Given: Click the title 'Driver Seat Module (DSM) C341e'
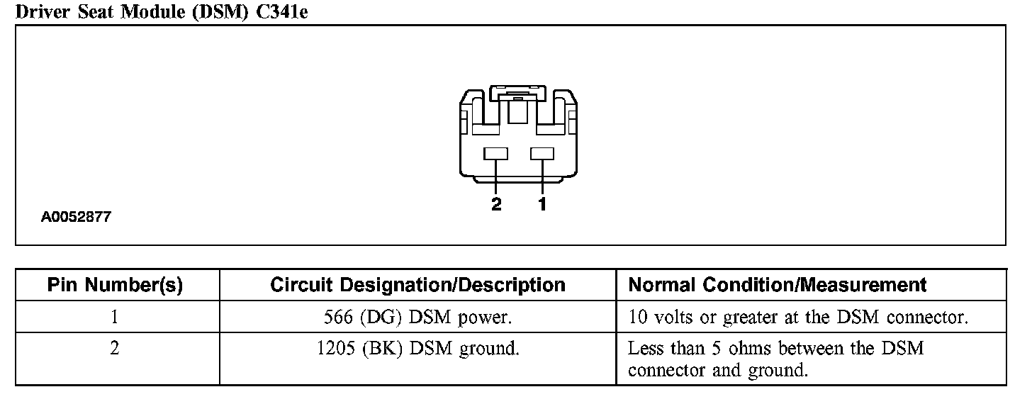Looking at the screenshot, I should point(162,11).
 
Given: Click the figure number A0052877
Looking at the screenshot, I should point(76,218).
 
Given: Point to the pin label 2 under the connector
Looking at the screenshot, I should point(496,205).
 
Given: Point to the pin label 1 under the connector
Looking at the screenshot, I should point(542,205).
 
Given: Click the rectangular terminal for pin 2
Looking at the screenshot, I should point(496,153).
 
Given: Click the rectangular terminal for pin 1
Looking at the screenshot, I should point(542,153).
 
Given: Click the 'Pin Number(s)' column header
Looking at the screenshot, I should point(115,285).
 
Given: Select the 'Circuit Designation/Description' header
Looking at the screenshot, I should point(417,285).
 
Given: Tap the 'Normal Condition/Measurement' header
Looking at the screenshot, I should point(778,285).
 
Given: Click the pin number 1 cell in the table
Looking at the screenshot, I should point(115,317).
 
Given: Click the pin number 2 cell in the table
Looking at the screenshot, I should point(115,349).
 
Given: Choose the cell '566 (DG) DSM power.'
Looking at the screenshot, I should point(417,317).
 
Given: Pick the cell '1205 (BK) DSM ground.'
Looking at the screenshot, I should point(417,349).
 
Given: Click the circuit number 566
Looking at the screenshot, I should point(338,317).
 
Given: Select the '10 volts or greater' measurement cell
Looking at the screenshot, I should point(798,317).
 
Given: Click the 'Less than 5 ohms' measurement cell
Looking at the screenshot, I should point(776,359).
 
